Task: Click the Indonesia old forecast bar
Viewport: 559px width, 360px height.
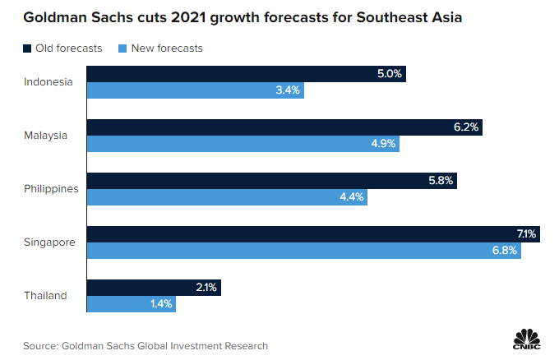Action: [x=246, y=74]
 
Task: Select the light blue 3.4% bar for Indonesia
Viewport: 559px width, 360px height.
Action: [x=196, y=90]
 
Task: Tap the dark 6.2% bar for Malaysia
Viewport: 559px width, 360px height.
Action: [x=284, y=127]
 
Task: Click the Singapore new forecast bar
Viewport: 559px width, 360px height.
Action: [x=304, y=250]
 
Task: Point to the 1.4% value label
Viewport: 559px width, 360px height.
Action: [x=161, y=303]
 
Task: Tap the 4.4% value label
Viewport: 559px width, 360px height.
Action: [x=351, y=196]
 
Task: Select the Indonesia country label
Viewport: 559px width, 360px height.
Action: [x=49, y=81]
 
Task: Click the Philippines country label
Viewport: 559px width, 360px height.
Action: [x=51, y=188]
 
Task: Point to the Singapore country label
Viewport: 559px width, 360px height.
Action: [x=49, y=242]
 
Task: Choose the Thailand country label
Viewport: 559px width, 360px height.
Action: [x=45, y=296]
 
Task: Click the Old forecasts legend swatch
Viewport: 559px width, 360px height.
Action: [x=27, y=48]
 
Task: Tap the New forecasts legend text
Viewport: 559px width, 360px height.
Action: [x=164, y=48]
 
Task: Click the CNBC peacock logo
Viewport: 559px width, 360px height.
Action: [x=526, y=339]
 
